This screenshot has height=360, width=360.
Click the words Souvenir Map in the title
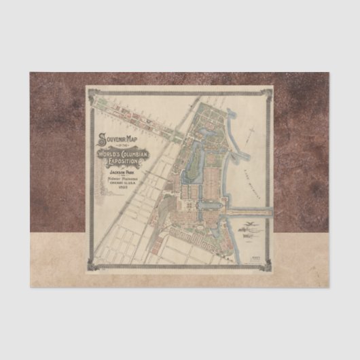[116, 141]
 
